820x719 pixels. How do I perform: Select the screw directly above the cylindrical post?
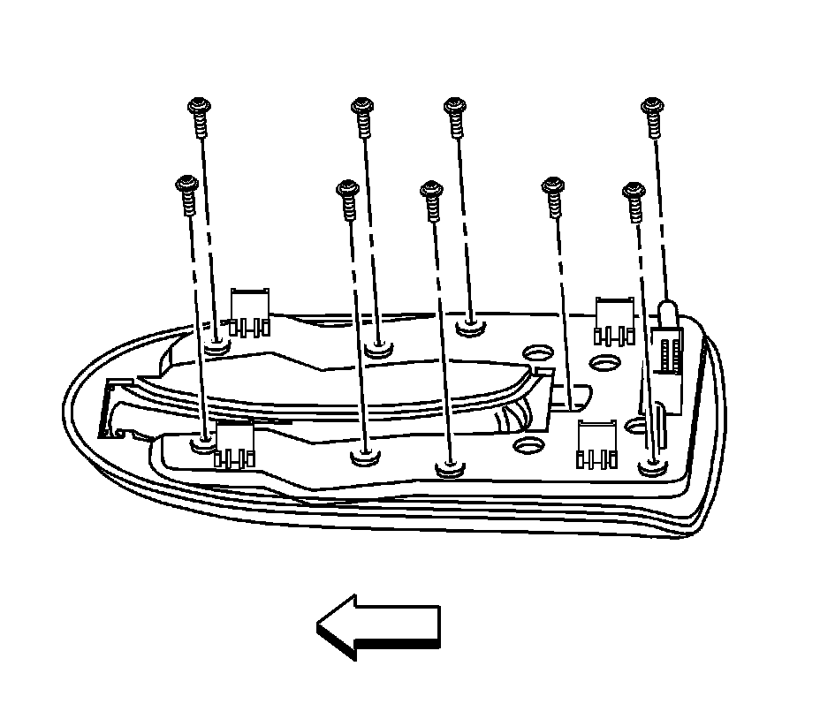tap(652, 115)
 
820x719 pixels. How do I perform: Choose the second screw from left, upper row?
tap(361, 115)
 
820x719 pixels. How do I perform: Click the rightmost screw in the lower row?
tap(634, 200)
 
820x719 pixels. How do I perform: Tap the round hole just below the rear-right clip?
tap(606, 362)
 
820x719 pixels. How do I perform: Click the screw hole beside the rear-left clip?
tap(216, 343)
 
